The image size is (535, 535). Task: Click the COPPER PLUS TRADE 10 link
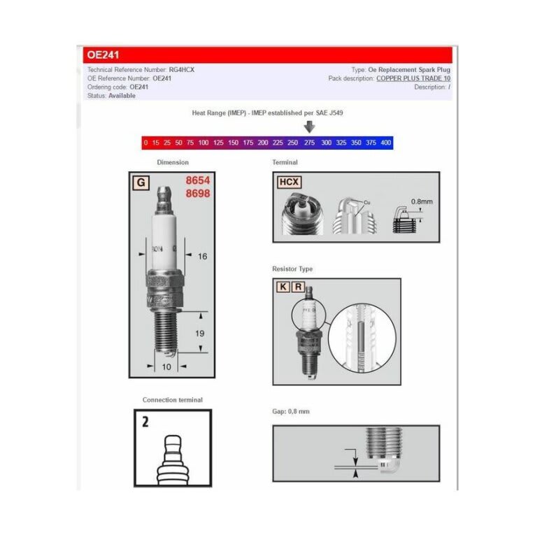[x=413, y=78]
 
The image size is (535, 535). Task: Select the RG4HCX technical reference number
[x=182, y=70]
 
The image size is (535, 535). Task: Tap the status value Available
[x=122, y=96]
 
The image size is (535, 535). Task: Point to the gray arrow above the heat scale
[x=309, y=127]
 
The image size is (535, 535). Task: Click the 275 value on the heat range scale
[x=309, y=143]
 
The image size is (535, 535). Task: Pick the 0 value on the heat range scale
[x=145, y=143]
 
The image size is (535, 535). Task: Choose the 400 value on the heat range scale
[x=386, y=143]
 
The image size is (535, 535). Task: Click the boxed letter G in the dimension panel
[x=141, y=183]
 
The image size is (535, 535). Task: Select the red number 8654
[x=198, y=180]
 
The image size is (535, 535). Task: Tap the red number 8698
[x=198, y=193]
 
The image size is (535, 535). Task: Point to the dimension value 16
[x=202, y=257]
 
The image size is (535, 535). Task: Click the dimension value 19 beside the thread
[x=200, y=334]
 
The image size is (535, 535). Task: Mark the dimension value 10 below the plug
[x=166, y=366]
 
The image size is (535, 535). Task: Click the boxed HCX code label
[x=289, y=183]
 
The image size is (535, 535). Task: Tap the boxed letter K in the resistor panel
[x=283, y=287]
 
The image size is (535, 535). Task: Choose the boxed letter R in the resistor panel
[x=299, y=287]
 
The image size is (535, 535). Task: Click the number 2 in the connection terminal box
[x=145, y=422]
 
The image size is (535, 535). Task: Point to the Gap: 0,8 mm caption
[x=291, y=411]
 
